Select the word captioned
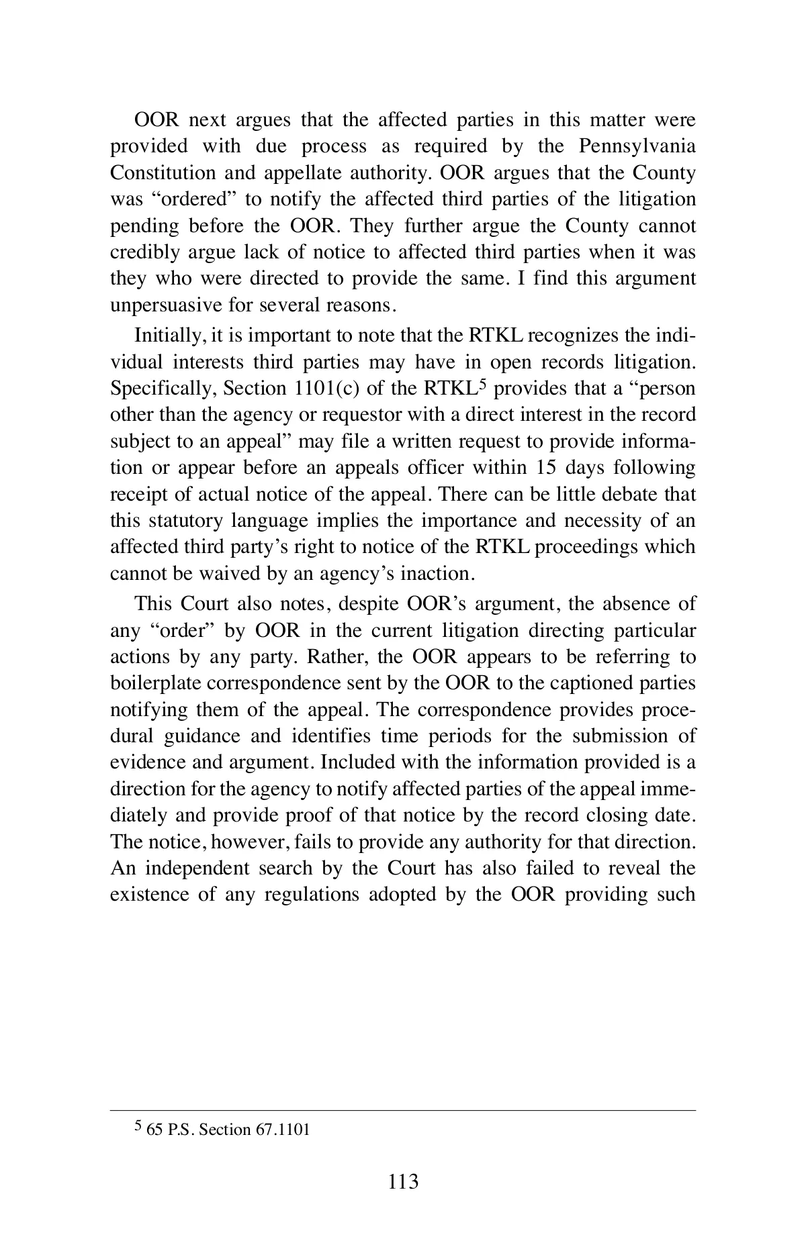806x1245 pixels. pos(592,683)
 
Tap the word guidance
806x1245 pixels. pos(201,736)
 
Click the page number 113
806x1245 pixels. pos(403,1181)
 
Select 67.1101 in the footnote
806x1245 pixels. pos(282,1130)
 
